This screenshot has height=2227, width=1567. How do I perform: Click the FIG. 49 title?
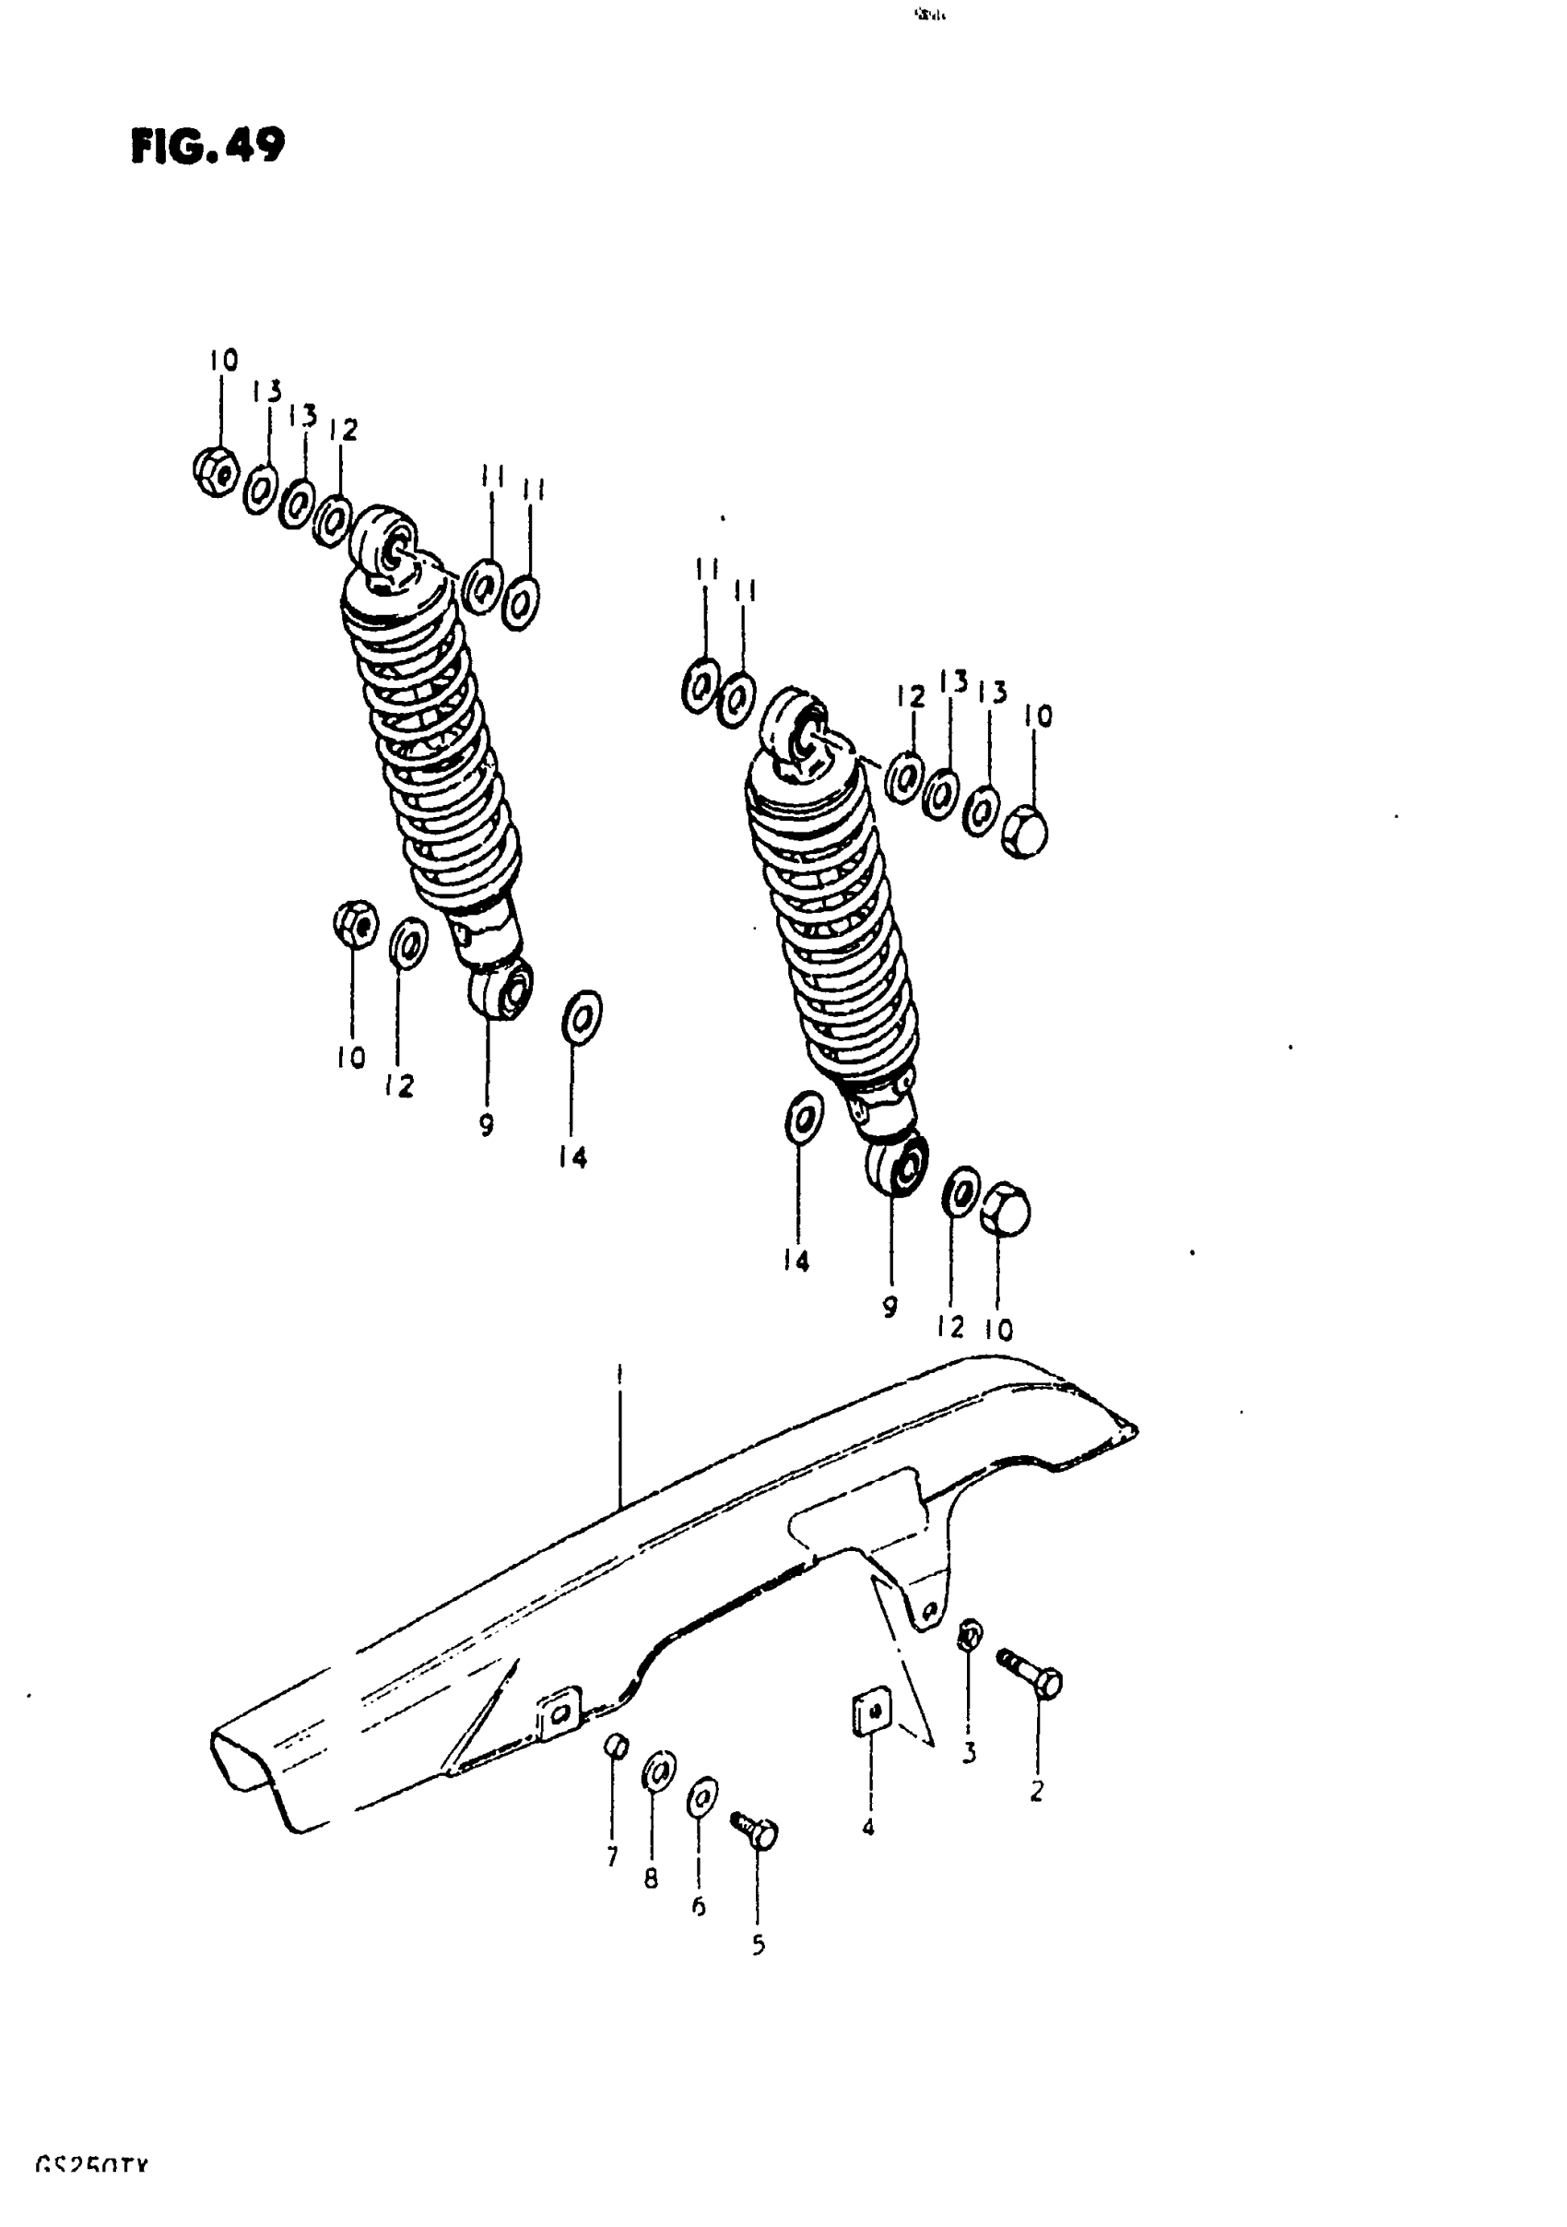pos(207,147)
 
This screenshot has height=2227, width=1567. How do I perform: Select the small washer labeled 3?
pos(969,1636)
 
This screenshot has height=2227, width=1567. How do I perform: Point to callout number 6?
pos(698,1906)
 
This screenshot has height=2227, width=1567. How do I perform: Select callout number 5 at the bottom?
pos(759,1945)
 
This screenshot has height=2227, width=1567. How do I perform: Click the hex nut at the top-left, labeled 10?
pos(217,471)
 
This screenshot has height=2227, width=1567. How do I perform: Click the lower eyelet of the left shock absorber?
pos(502,990)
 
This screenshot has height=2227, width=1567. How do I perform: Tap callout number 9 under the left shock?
pos(486,1124)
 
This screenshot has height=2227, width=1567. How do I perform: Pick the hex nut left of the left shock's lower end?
pos(355,923)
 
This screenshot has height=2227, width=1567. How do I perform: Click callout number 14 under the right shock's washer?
pos(795,1261)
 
